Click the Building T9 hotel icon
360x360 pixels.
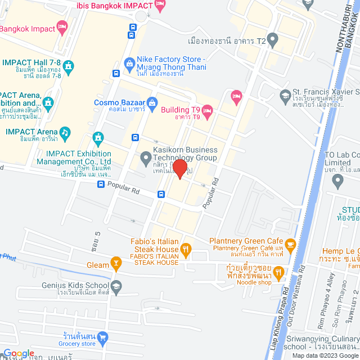[207, 109]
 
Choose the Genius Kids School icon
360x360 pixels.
[116, 285]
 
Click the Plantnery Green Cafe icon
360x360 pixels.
[290, 244]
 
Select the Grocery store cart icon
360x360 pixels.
[102, 337]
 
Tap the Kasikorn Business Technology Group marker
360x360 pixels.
[145, 156]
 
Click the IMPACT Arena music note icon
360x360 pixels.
[65, 132]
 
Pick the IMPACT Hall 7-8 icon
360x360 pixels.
[69, 67]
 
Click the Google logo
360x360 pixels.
[19, 353]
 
